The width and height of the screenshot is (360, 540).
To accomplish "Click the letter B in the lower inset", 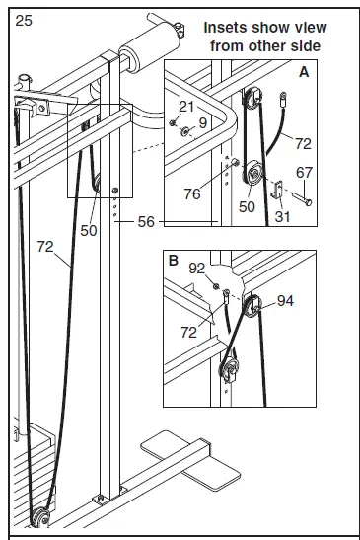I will click(174, 264).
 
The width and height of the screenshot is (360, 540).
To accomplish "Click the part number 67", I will click(305, 172).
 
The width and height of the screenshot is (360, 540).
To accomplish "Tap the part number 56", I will click(146, 222).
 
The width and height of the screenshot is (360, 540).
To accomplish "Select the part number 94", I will click(286, 300).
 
